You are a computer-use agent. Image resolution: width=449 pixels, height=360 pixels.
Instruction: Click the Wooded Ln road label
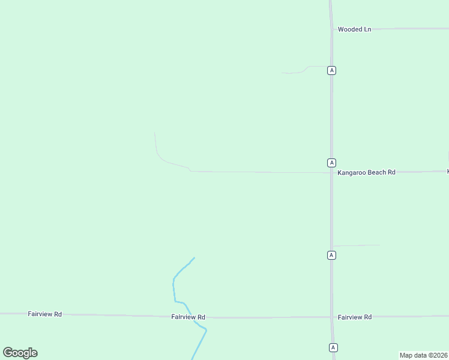354,29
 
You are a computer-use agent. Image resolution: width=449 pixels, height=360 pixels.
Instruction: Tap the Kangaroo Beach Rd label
366,172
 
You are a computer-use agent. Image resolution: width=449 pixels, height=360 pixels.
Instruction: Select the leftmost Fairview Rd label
45,314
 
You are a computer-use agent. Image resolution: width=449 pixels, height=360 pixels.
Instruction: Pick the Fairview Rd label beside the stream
188,317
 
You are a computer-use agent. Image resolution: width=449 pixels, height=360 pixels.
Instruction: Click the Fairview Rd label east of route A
354,317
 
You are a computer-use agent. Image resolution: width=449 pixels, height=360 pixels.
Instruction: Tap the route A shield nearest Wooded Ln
331,70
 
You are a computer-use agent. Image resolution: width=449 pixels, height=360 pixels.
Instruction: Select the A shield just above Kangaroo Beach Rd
331,163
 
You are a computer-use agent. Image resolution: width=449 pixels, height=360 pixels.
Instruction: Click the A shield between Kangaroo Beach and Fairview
331,255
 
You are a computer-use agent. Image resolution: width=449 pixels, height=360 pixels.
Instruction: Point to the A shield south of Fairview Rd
333,347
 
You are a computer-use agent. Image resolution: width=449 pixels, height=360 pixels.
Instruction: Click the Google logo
20,353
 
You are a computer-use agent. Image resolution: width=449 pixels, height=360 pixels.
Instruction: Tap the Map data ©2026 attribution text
423,355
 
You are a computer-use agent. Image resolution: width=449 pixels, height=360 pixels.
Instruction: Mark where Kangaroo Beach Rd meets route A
331,173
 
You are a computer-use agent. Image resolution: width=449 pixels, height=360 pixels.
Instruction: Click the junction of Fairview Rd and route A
332,317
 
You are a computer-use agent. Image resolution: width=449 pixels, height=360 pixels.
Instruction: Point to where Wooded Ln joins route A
331,28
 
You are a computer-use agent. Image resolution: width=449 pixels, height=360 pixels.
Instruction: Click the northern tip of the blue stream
194,258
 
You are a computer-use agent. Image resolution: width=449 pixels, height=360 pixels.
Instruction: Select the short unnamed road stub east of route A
357,245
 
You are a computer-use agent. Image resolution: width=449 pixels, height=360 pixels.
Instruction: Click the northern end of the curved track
155,132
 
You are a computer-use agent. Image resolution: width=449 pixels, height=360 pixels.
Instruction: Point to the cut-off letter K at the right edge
447,172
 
